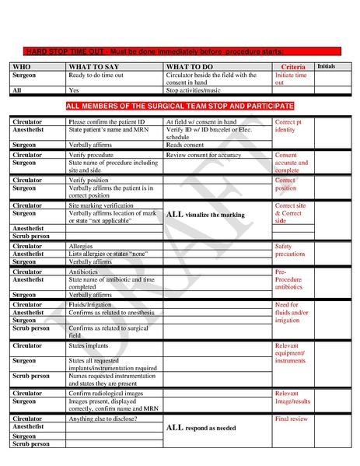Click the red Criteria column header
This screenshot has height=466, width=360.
pos(293,68)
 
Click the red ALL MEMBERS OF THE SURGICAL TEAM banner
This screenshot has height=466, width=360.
pos(180,105)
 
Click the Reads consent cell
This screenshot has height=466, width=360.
pos(185,145)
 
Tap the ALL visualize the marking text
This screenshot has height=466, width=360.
pos(205,214)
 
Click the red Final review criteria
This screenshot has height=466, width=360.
pos(292,419)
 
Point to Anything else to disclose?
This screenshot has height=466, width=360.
pos(103,419)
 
